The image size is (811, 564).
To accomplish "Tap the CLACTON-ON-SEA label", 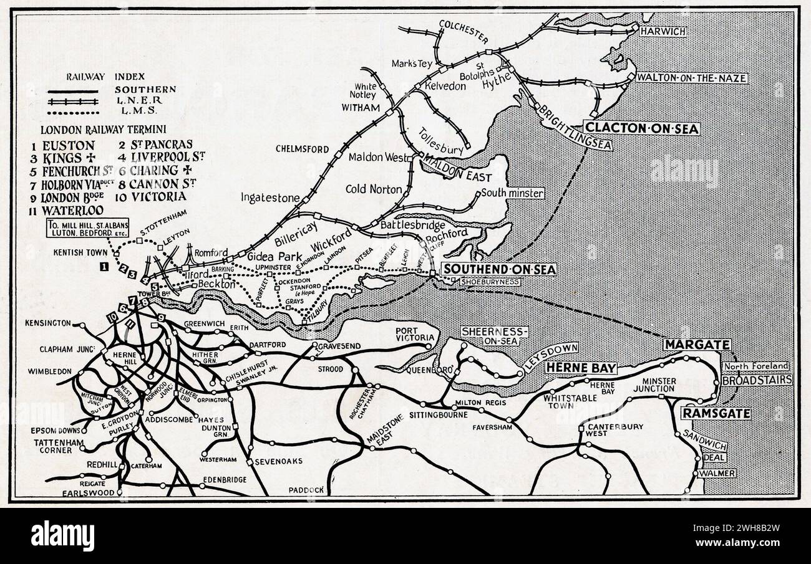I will [641, 129].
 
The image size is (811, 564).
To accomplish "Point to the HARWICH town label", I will [663, 31].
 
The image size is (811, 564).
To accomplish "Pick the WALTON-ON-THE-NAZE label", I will [691, 78].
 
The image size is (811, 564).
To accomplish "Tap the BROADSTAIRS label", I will [757, 380].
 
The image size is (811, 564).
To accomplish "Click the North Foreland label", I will [756, 366].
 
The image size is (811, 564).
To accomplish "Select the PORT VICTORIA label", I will [414, 334].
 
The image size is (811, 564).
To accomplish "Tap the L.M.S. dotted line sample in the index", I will [74, 112].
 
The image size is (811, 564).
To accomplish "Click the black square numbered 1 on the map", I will [104, 267].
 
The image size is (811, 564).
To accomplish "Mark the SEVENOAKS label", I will [278, 461].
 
